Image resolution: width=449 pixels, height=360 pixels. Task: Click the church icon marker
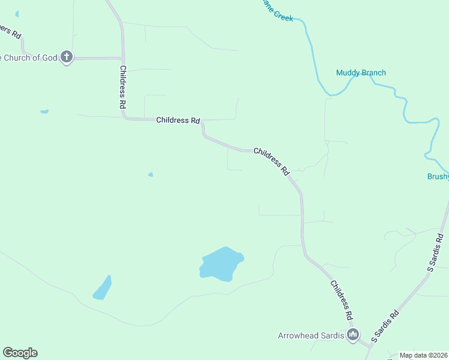pos(67,58)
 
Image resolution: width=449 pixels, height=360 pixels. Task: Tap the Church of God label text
pos(29,58)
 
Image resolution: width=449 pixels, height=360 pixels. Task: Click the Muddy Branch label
pos(361,73)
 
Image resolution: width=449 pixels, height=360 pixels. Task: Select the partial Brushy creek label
pos(438,176)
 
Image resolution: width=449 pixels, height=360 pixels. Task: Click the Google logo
pos(20,353)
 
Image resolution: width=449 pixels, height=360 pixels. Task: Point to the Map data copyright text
pos(423,355)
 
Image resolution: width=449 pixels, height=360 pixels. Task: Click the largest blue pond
pos(220,265)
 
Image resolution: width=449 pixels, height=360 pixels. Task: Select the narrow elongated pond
pos(103,287)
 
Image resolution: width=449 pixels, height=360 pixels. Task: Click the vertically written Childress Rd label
pos(122,86)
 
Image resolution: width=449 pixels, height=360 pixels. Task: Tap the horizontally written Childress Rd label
pos(178,120)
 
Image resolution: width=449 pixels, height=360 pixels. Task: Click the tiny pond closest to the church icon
pos(44,111)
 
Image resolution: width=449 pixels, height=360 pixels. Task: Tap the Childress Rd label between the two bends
pos(271,160)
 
